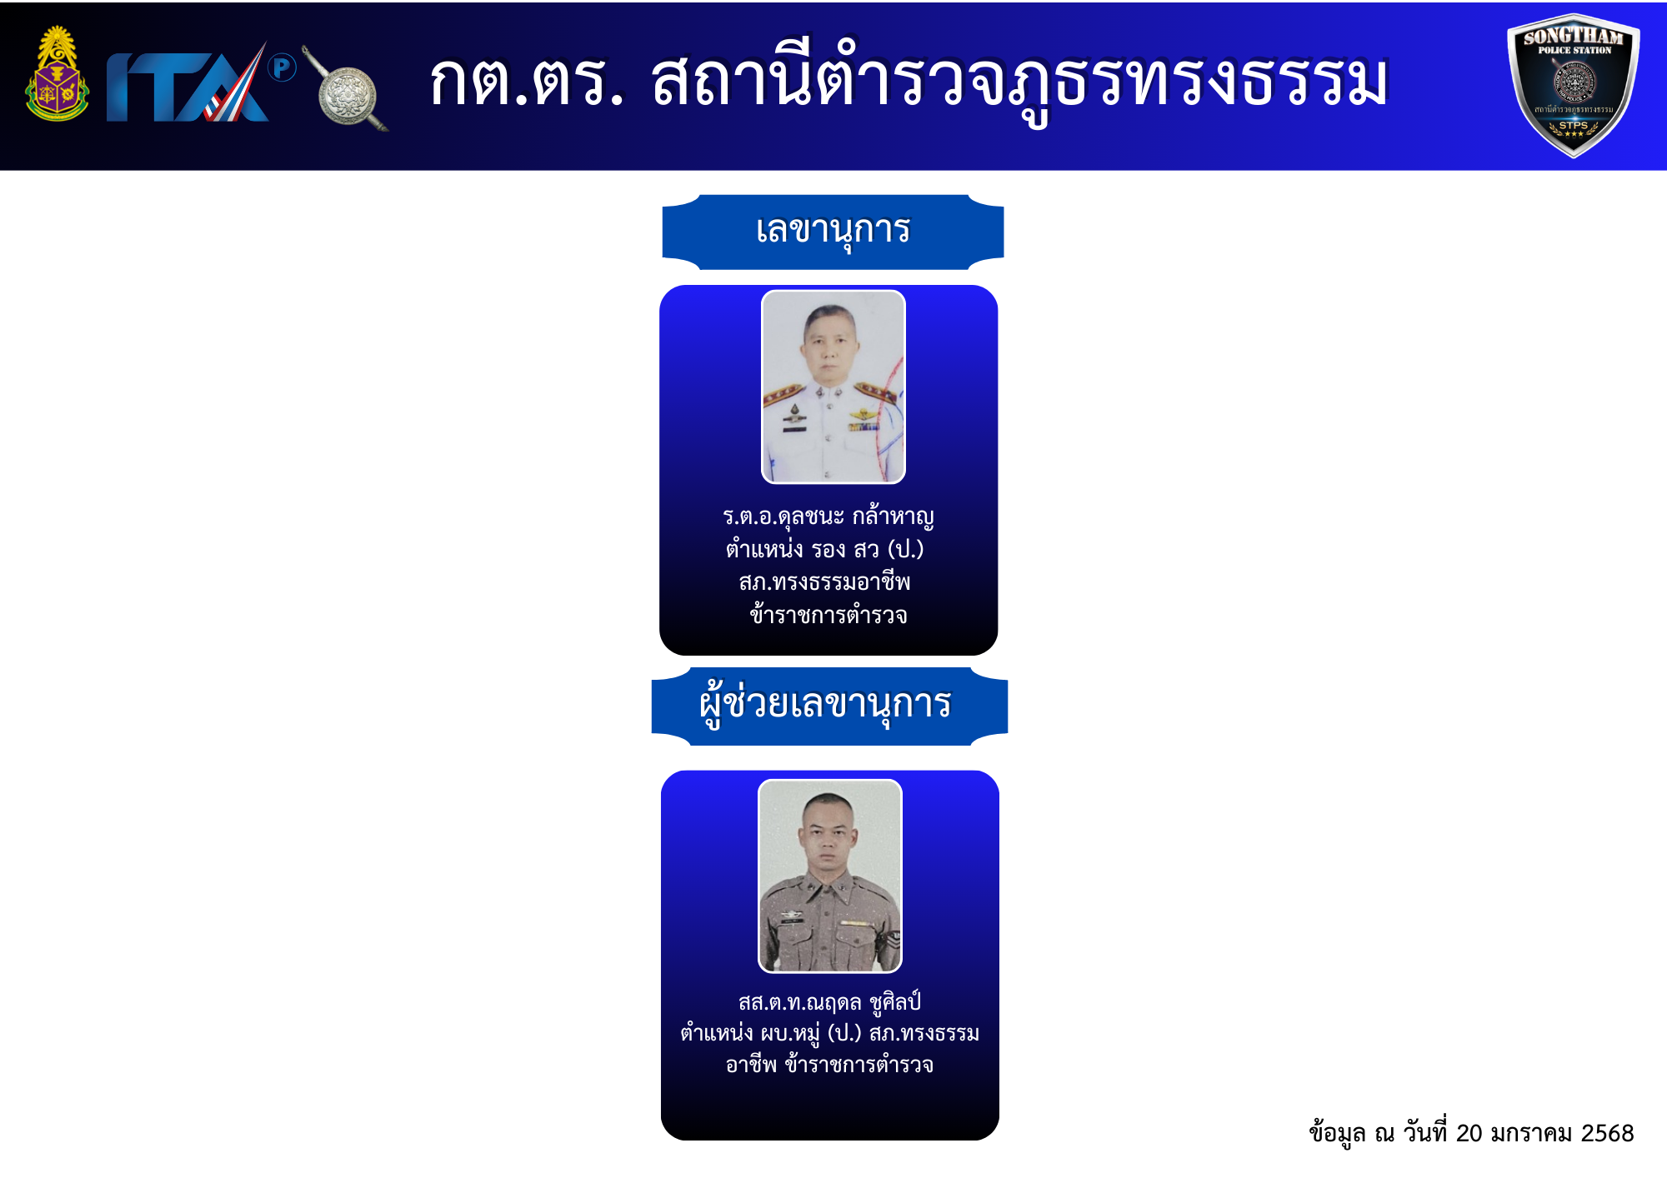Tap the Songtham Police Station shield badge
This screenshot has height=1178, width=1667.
click(x=1574, y=85)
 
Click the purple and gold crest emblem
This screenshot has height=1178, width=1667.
click(x=57, y=75)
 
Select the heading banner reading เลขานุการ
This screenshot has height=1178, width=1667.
click(x=833, y=232)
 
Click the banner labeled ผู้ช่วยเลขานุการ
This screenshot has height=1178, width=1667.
click(x=829, y=706)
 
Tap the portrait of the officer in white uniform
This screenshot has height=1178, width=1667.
click(x=833, y=387)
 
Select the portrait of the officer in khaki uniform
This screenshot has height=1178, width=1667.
click(x=830, y=876)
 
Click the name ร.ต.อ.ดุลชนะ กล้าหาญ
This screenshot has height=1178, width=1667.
click(x=828, y=517)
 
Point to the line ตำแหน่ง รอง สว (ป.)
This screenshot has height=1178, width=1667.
click(x=825, y=550)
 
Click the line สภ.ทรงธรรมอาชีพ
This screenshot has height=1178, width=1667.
click(x=825, y=582)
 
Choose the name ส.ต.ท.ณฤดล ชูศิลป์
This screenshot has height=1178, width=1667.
click(x=829, y=1002)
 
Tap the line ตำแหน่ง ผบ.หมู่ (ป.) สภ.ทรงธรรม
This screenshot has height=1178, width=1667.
click(x=830, y=1034)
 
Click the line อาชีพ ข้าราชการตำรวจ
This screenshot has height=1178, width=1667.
click(x=830, y=1065)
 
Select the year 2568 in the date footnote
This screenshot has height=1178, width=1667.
click(x=1608, y=1134)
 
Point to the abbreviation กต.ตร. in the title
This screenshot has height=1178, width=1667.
click(x=527, y=84)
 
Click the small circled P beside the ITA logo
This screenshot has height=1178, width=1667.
click(x=283, y=67)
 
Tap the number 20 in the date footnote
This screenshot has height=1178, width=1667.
click(x=1469, y=1134)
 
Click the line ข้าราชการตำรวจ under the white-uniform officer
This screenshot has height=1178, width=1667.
click(x=828, y=615)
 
